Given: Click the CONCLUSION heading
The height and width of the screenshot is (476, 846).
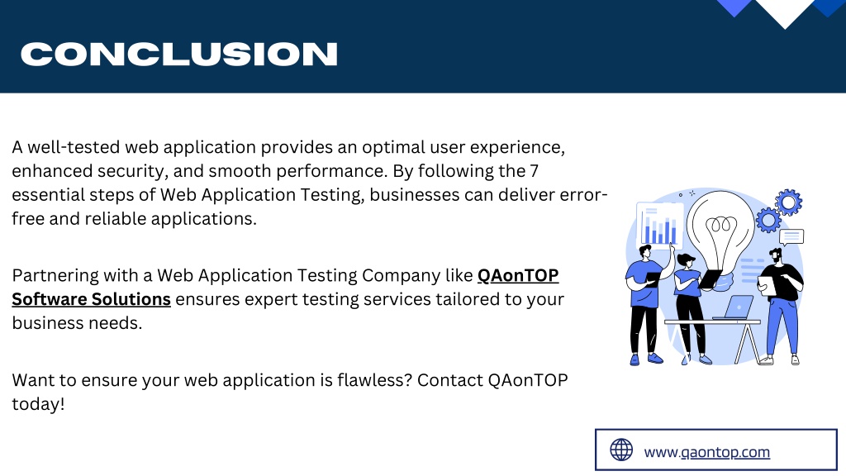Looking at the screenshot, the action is pos(179,54).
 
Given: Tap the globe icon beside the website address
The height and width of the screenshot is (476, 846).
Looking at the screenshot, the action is pos(621,450).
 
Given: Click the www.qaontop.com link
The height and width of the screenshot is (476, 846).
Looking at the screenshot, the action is pos(707,452).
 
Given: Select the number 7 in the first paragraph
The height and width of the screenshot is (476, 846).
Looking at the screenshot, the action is pos(535,171).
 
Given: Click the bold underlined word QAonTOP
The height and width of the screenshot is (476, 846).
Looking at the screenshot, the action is pos(518,275).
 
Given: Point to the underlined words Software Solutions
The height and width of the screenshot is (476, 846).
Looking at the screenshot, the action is pos(91,299).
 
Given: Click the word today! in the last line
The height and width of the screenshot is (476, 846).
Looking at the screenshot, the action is pos(38,403).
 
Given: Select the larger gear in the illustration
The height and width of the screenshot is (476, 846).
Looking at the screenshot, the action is pos(789,202).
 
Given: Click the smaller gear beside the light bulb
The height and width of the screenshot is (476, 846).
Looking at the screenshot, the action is pos(768,220).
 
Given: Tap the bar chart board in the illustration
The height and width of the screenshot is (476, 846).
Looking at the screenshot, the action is pos(659,226).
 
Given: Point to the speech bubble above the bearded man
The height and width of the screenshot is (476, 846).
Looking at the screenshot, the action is pos(791,237).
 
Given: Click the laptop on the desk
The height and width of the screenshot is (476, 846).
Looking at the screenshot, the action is pos(734,307).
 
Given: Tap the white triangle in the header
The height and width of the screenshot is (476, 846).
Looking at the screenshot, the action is pos(785,12).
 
